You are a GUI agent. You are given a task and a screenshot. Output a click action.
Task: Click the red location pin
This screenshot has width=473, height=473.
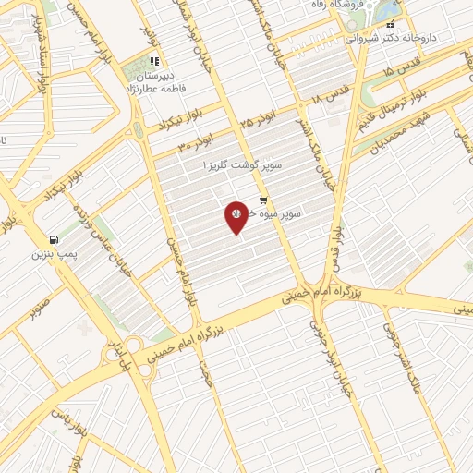[x=236, y=216]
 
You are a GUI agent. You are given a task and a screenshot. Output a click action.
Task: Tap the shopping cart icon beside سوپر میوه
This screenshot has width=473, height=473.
[x=264, y=200]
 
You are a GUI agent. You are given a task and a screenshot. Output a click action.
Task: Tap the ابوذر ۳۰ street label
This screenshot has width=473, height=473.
[x=195, y=142]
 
